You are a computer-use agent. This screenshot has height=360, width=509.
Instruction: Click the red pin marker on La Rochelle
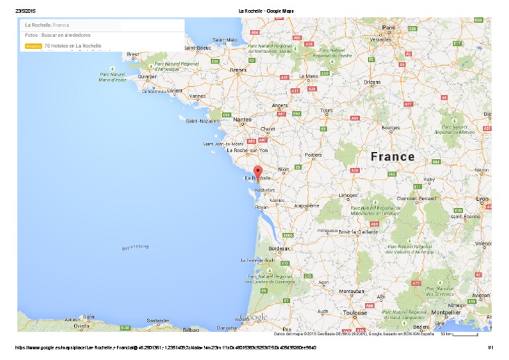(258, 172)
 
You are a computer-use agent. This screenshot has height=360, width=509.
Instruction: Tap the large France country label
(392, 157)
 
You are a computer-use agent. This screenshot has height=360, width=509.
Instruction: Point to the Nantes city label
(243, 119)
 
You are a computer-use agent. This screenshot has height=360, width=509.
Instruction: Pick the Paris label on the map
(388, 27)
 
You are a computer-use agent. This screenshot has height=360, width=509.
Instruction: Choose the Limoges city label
(348, 196)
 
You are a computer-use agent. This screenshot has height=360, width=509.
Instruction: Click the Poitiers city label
(313, 155)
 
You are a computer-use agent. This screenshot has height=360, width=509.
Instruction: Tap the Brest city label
(133, 54)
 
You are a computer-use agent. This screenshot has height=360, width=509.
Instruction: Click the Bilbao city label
(191, 329)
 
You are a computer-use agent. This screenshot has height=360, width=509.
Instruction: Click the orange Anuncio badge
(33, 46)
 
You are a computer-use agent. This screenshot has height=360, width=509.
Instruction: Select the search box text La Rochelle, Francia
(47, 25)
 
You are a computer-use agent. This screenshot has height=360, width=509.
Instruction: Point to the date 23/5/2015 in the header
(25, 11)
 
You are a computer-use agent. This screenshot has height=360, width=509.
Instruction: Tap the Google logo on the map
(254, 318)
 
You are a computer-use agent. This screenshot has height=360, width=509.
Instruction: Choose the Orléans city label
(372, 82)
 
